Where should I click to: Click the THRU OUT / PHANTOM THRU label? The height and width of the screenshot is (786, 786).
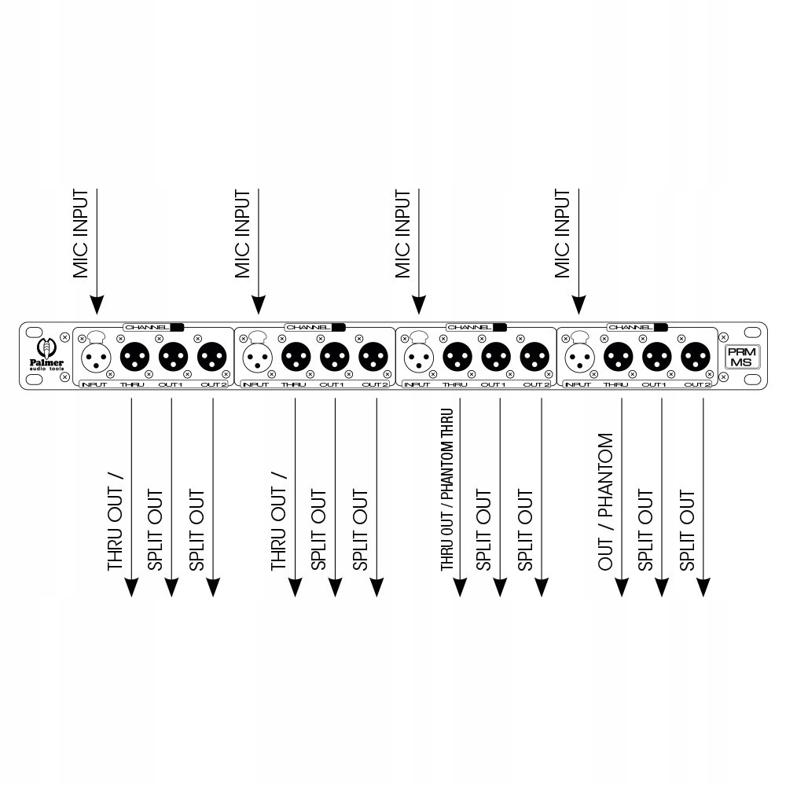(447, 489)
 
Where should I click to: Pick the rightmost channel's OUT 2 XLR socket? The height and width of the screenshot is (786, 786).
(696, 358)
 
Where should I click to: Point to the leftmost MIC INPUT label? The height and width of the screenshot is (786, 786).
(80, 233)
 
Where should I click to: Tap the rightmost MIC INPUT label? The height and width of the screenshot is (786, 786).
(562, 233)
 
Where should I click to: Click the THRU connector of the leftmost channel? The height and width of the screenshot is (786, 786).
(133, 358)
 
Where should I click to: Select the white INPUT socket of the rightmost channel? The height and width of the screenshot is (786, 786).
(579, 358)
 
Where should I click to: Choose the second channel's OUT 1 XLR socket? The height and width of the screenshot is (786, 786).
(334, 358)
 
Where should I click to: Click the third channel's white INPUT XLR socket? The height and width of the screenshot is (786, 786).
(417, 358)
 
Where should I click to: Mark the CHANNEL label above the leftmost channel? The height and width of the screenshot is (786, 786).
(146, 326)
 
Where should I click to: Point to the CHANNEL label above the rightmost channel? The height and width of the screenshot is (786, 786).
(630, 326)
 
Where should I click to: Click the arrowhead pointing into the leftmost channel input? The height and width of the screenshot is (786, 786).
(97, 304)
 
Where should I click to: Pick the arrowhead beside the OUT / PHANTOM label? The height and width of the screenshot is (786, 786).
(622, 586)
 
